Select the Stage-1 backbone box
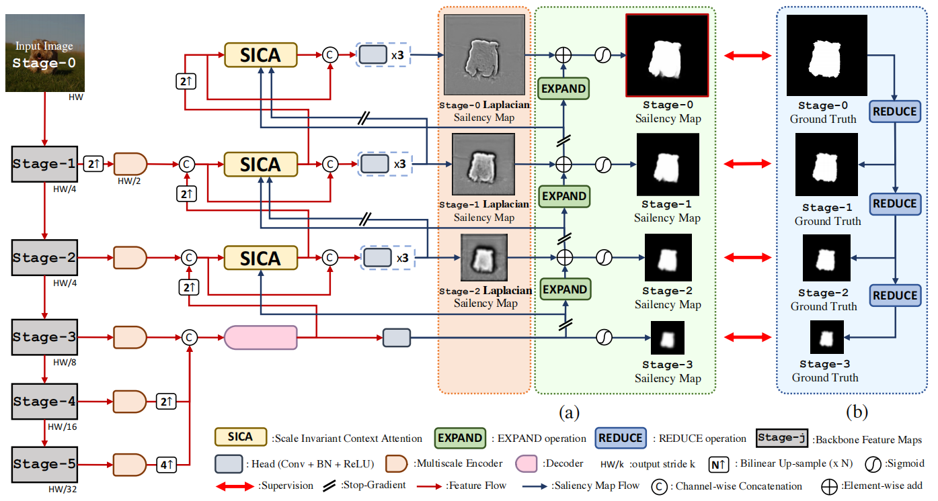click(x=45, y=163)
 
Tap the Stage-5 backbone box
click(x=45, y=464)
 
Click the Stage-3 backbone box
click(x=45, y=337)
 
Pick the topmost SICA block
click(x=260, y=55)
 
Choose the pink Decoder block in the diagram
click(x=260, y=337)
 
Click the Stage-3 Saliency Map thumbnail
click(x=667, y=338)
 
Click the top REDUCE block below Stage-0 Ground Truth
click(x=894, y=111)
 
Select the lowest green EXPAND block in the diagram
click(x=564, y=289)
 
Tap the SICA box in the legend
click(x=240, y=438)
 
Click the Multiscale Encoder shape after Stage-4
click(x=129, y=402)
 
